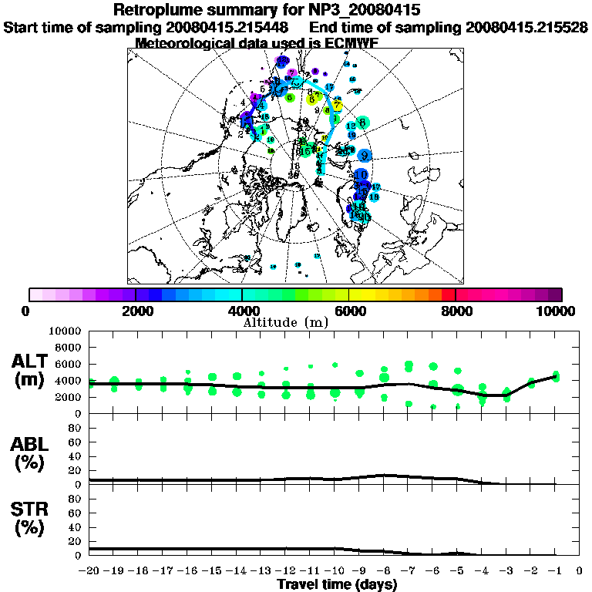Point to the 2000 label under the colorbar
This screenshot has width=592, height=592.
coord(136,311)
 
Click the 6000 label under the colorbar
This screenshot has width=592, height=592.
coord(348,311)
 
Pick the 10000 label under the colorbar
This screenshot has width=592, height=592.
coord(557,311)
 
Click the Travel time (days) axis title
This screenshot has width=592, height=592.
coord(337,585)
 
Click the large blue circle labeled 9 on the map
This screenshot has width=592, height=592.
coord(364,155)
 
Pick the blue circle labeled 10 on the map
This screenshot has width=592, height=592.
coord(360,177)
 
